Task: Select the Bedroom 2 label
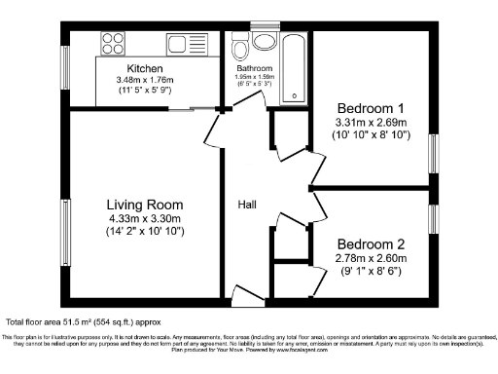(371, 244)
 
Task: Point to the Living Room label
(145, 206)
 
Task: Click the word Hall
(249, 205)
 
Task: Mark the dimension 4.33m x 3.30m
(145, 219)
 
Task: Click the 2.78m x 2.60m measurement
(371, 259)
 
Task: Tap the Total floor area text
(84, 321)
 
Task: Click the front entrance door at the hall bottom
(248, 294)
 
